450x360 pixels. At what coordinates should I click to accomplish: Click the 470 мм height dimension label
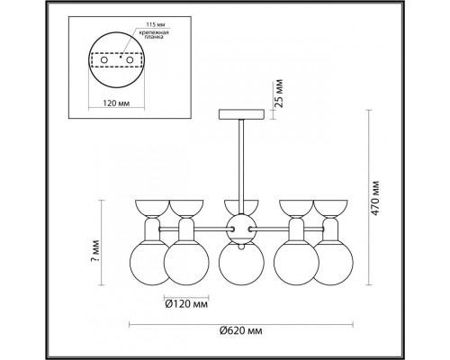[375, 197]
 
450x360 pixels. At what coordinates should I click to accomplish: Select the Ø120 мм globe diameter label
[186, 304]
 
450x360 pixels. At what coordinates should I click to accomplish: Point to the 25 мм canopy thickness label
[279, 94]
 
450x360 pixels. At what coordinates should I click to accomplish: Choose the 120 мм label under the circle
[116, 103]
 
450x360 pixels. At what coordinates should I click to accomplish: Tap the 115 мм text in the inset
[156, 24]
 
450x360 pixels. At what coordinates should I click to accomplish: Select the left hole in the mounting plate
[103, 60]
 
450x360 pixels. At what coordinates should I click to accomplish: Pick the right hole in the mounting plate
[130, 60]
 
